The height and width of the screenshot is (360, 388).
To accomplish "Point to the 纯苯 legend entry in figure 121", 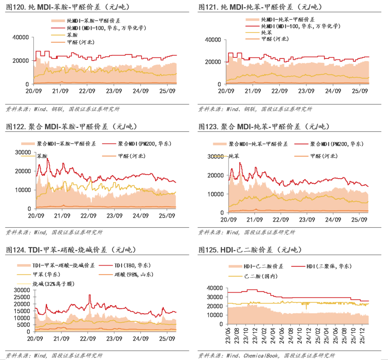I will click(267, 32).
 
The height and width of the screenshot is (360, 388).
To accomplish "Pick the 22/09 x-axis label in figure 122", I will click(88, 216).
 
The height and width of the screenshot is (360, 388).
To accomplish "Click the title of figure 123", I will click(264, 126).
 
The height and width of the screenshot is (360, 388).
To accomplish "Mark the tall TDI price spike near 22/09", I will click(90, 295).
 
